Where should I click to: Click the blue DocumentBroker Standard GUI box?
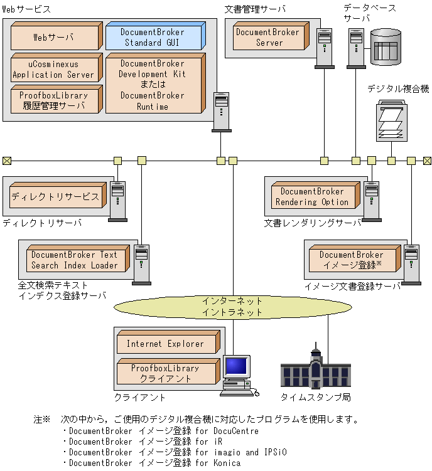click(x=156, y=36)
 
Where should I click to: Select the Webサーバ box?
click(x=57, y=36)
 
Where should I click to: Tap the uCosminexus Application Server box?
click(x=57, y=68)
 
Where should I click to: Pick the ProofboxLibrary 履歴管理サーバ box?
click(x=57, y=99)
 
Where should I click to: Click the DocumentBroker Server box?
click(x=271, y=36)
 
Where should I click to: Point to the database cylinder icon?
click(x=386, y=47)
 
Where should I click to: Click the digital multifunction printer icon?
click(x=392, y=121)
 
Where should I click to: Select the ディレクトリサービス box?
click(x=58, y=195)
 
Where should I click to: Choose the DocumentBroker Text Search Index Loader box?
click(x=78, y=258)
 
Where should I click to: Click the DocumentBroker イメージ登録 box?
click(x=355, y=258)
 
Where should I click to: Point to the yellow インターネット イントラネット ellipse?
click(x=233, y=307)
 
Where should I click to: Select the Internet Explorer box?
click(x=168, y=342)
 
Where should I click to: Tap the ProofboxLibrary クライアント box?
click(x=168, y=371)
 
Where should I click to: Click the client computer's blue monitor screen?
click(x=237, y=366)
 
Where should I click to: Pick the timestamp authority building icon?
click(x=316, y=366)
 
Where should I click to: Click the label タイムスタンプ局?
click(x=316, y=398)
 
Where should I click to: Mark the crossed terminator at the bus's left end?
click(x=7, y=161)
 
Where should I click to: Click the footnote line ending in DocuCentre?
click(x=161, y=431)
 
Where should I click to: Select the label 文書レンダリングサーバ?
click(x=313, y=223)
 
